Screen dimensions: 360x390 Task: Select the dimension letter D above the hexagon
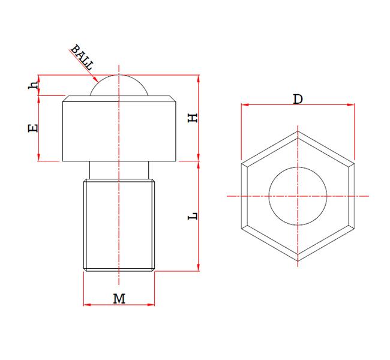[x=297, y=99]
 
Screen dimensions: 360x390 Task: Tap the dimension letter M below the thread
[x=119, y=298]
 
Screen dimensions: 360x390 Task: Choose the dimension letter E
[x=34, y=127]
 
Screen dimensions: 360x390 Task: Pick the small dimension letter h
[x=34, y=85]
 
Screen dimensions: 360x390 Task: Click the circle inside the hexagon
[x=297, y=196]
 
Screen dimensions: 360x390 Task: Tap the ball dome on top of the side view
[x=119, y=86]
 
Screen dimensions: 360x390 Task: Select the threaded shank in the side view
[x=119, y=225]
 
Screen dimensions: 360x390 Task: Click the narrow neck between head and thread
[x=119, y=170]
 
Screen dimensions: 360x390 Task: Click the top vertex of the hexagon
[x=297, y=130]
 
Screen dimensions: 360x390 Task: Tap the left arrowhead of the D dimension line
[x=244, y=105]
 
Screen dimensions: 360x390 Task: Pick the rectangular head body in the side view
[x=119, y=129]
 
